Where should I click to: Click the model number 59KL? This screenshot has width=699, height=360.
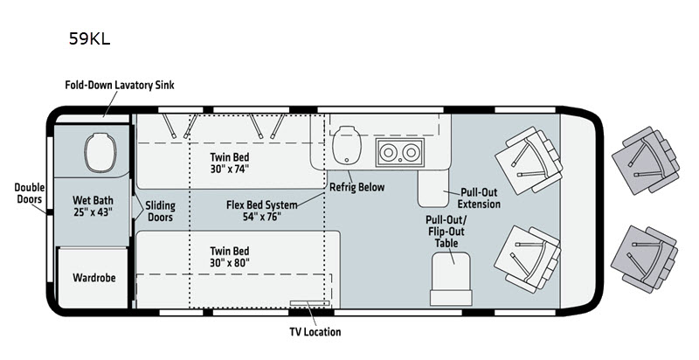coord(89,38)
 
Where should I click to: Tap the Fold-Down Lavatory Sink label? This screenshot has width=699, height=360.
coord(120,85)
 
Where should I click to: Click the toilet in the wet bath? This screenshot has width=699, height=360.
coord(100,151)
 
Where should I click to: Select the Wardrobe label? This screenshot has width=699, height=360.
coord(94,278)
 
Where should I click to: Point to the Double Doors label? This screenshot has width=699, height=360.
coord(30,193)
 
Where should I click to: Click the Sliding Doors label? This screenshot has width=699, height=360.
coord(160,211)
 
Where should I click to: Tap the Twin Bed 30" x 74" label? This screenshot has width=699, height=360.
coord(230,163)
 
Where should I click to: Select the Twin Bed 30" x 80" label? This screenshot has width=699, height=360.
coord(230,257)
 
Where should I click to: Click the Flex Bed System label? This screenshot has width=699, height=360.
coord(261,211)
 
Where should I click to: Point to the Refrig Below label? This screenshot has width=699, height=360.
coord(356,187)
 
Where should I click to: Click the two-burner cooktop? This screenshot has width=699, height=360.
coord(399,152)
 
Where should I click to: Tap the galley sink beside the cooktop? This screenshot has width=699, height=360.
coord(346,144)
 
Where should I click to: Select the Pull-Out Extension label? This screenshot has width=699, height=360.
coord(479,198)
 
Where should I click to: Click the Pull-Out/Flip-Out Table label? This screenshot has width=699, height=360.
coord(446,232)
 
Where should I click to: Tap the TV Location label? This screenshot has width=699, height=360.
coord(315,331)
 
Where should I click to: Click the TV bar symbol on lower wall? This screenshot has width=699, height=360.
coord(309,303)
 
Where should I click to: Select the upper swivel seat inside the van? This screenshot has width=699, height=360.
coord(529,161)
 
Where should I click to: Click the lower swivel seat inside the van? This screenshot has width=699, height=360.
coord(528,260)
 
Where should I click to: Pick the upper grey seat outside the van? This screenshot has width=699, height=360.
coord(645,160)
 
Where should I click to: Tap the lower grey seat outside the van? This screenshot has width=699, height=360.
coord(644,260)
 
